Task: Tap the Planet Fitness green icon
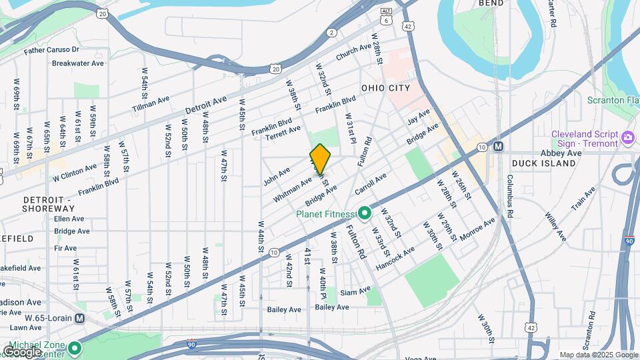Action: (x=365, y=214)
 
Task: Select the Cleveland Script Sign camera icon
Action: (x=627, y=139)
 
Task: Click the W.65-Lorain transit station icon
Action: (x=81, y=318)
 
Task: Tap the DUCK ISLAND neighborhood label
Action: (x=543, y=163)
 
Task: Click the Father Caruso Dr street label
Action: (x=51, y=50)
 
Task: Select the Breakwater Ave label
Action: (x=78, y=63)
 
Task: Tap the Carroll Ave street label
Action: (x=371, y=184)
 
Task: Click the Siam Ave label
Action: (x=355, y=291)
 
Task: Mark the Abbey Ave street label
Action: (x=561, y=153)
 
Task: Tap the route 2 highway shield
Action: (x=332, y=32)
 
